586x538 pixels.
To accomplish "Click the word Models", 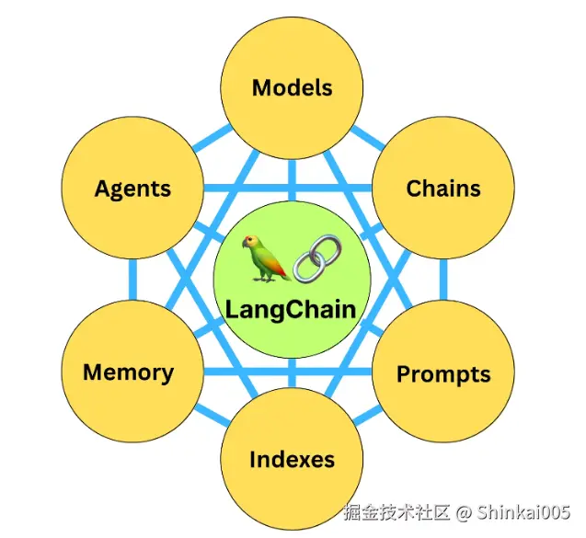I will click(x=292, y=88).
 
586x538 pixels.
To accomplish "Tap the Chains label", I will click(x=443, y=189).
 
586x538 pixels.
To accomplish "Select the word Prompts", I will click(x=443, y=374).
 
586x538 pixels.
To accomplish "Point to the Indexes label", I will click(x=292, y=459).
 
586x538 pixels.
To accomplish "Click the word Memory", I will click(x=129, y=372).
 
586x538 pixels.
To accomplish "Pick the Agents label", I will click(x=132, y=189).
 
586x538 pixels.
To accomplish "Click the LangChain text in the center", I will click(x=291, y=308).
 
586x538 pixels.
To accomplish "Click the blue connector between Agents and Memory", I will click(x=132, y=281).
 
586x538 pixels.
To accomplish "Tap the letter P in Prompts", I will click(x=404, y=374).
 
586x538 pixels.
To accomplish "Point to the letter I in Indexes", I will click(x=253, y=459).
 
